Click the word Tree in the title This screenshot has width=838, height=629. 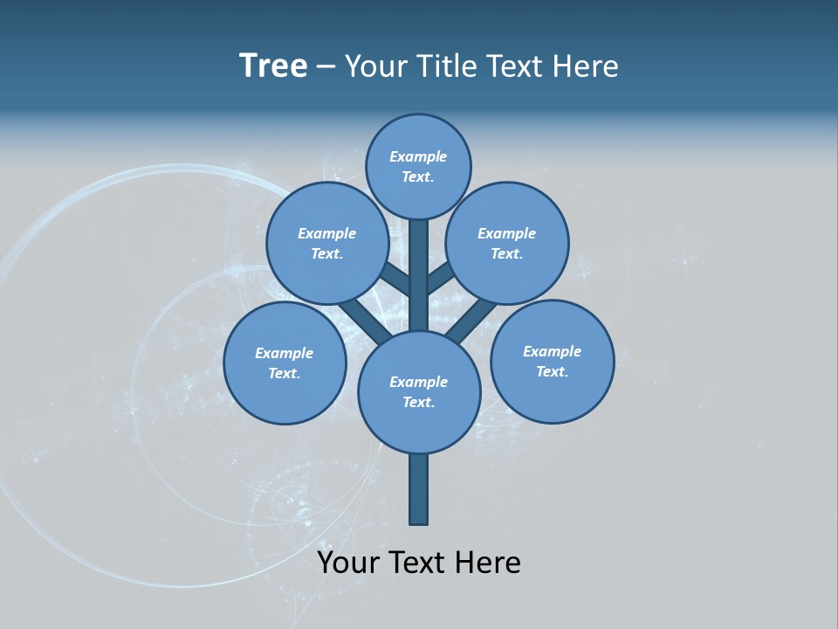pos(273,66)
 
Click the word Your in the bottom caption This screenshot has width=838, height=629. pos(348,563)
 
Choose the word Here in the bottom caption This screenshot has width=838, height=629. pos(489,563)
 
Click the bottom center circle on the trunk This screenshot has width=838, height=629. pos(419,424)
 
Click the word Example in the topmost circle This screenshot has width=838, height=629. pos(418,157)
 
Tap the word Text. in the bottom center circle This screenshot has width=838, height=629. pos(419,403)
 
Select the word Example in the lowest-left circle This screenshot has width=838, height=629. pos(284,354)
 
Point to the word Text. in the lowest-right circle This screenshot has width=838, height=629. pos(552,372)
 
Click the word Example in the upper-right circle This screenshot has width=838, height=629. pos(506,234)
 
